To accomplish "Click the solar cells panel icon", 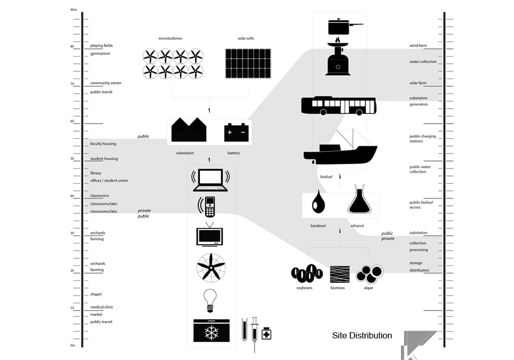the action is pyautogui.click(x=248, y=64).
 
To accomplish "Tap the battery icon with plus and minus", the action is pyautogui.click(x=236, y=133).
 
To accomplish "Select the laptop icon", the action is pyautogui.click(x=210, y=180).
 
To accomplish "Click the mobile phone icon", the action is pyautogui.click(x=207, y=207).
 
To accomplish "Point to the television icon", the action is pyautogui.click(x=210, y=234).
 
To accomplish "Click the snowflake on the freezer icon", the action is pyautogui.click(x=212, y=333).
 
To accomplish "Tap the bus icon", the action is pyautogui.click(x=339, y=105).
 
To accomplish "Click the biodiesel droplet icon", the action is pyautogui.click(x=318, y=202).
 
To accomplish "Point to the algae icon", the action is pyautogui.click(x=370, y=274).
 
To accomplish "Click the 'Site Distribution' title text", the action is pyautogui.click(x=362, y=335).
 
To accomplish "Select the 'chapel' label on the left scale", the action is pyautogui.click(x=96, y=294).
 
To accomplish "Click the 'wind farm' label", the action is pyautogui.click(x=418, y=46).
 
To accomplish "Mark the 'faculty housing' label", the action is pyautogui.click(x=103, y=143).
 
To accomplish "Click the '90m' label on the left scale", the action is pyautogui.click(x=74, y=10).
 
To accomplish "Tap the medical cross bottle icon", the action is pyautogui.click(x=266, y=333).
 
